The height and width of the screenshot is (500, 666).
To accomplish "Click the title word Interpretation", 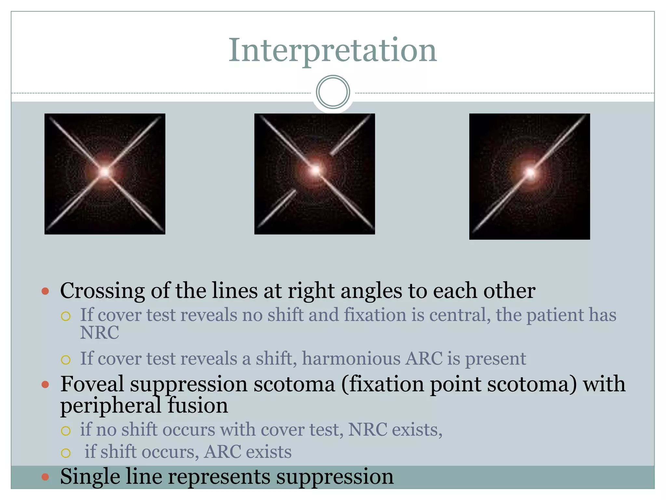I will (332, 50).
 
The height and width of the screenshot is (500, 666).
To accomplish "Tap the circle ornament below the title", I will (333, 92).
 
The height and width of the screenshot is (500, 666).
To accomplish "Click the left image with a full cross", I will (105, 174).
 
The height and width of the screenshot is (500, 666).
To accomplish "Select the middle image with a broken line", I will (314, 174).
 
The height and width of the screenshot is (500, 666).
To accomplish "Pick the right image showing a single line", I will (529, 176).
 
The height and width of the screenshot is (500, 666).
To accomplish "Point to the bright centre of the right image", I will (530, 172).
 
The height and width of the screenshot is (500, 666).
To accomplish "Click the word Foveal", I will (92, 384).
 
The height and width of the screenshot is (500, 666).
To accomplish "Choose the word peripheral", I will (111, 406).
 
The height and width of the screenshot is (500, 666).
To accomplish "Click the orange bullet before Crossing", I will (46, 291).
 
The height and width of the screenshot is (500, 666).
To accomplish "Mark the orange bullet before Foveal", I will (46, 385).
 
